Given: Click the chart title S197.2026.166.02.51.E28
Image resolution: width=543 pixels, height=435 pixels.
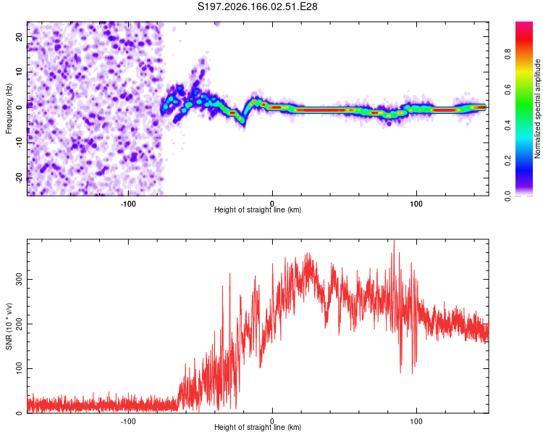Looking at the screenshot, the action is pyautogui.click(x=257, y=7).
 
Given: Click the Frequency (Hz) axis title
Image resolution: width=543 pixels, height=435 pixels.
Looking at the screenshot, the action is pyautogui.click(x=9, y=108).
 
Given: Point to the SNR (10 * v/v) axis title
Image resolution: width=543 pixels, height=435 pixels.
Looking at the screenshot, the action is pyautogui.click(x=9, y=326).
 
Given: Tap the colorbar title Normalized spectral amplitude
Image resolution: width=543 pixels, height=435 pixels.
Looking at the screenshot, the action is pyautogui.click(x=537, y=109).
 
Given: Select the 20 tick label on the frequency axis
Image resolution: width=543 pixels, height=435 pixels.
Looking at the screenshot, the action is pyautogui.click(x=20, y=37).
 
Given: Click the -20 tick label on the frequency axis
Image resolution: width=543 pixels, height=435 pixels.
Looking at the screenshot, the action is pyautogui.click(x=20, y=178).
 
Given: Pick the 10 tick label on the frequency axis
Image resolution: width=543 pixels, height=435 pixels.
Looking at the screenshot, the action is pyautogui.click(x=20, y=72).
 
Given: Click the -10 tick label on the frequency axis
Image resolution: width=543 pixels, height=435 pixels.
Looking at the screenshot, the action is pyautogui.click(x=20, y=143).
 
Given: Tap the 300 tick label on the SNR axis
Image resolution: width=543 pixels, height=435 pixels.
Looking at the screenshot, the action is pyautogui.click(x=20, y=279).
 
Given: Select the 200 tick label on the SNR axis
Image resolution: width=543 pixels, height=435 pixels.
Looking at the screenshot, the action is pyautogui.click(x=20, y=323).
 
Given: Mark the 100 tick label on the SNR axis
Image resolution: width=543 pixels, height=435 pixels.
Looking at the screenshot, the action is pyautogui.click(x=20, y=368).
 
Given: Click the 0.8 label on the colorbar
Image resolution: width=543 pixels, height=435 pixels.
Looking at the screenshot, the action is pyautogui.click(x=508, y=54).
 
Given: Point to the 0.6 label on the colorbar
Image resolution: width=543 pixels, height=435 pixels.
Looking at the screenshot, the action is pyautogui.click(x=508, y=89).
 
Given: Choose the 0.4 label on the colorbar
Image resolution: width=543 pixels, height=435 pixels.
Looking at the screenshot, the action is pyautogui.click(x=508, y=125).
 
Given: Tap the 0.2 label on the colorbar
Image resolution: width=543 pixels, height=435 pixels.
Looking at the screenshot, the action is pyautogui.click(x=508, y=161).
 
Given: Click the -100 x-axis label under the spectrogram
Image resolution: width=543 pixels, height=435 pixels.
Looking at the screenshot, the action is pyautogui.click(x=128, y=204).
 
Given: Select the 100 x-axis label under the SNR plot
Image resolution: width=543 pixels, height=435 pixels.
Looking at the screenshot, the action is pyautogui.click(x=416, y=421).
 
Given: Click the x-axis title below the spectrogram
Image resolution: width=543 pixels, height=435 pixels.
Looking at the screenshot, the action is pyautogui.click(x=258, y=210).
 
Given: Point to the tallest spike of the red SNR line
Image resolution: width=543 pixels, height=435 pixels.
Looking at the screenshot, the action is pyautogui.click(x=394, y=240).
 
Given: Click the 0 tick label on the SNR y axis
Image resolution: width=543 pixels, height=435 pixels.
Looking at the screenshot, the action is pyautogui.click(x=20, y=413).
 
